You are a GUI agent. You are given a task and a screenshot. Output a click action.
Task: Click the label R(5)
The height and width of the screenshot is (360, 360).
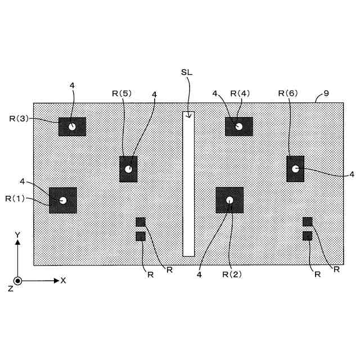coord(121,94)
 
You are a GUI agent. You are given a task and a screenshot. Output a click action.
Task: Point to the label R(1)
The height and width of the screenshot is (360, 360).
coord(15,199)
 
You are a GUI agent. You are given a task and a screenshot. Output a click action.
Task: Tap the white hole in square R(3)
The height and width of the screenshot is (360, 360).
coord(72,127)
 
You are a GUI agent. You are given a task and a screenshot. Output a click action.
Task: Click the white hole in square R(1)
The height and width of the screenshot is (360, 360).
coord(63,200)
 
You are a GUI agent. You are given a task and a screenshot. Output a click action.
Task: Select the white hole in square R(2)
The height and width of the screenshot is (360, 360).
coord(229,200)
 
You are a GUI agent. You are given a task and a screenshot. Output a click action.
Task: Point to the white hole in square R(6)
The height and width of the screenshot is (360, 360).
coord(295,168)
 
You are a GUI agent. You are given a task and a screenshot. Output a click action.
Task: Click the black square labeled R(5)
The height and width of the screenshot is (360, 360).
coord(128,169)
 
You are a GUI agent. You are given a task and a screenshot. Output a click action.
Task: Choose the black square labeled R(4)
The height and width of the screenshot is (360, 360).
coord(238,127)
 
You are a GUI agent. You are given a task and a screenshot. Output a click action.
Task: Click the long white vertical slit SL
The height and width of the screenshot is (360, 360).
coord(188,186)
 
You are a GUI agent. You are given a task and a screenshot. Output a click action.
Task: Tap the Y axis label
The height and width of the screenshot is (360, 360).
coord(18,234)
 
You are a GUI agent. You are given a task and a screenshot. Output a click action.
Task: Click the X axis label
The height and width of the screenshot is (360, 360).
coord(63,280)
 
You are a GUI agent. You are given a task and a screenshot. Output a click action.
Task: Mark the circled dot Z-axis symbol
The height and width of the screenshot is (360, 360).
coord(18,280)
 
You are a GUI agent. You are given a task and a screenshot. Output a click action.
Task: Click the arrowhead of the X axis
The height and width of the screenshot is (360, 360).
coord(56,280)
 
